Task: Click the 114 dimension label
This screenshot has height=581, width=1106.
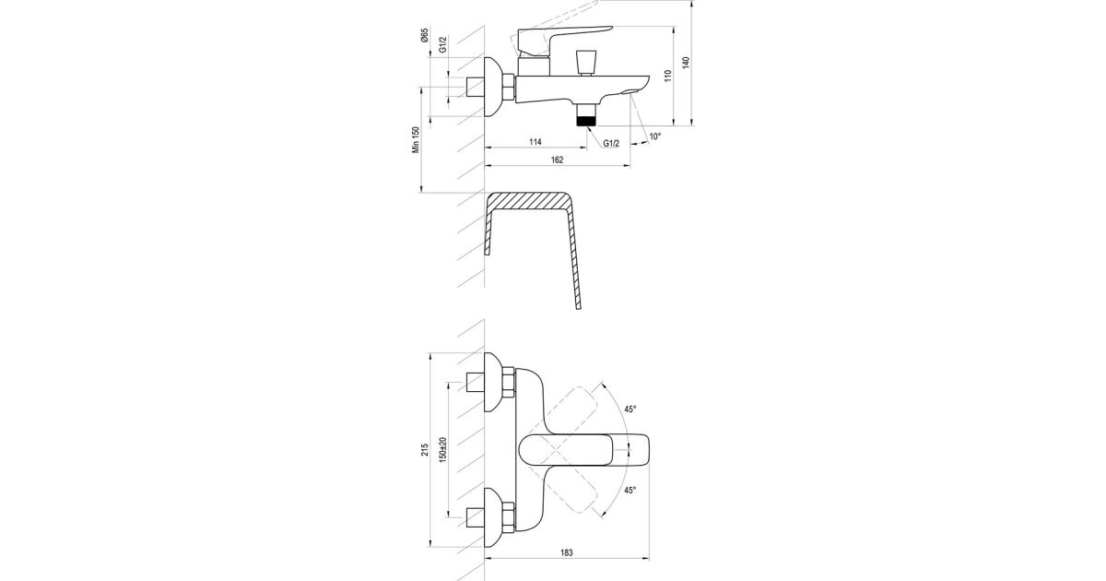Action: pyautogui.click(x=535, y=142)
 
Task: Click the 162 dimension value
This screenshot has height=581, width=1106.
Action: pyautogui.click(x=557, y=160)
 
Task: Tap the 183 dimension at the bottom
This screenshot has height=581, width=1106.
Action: pyautogui.click(x=567, y=552)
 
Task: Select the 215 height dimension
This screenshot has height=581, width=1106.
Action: pyautogui.click(x=425, y=450)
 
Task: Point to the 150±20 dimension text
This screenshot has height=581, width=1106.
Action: pyautogui.click(x=442, y=450)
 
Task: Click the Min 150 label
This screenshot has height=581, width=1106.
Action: pyautogui.click(x=416, y=140)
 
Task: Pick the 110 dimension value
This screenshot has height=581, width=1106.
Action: pyautogui.click(x=668, y=76)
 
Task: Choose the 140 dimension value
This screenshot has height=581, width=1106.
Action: pyautogui.click(x=686, y=63)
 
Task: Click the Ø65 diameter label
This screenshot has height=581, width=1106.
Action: pyautogui.click(x=425, y=35)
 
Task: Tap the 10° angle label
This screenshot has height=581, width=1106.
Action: pyautogui.click(x=654, y=136)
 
